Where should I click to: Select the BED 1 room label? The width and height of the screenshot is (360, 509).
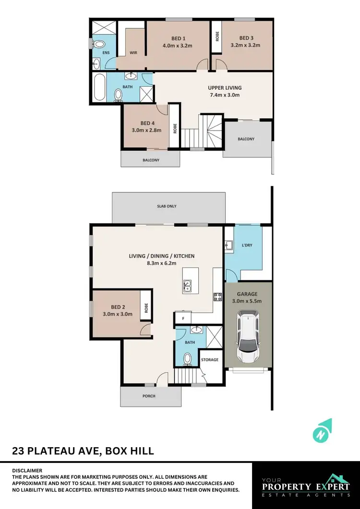(x=178, y=38)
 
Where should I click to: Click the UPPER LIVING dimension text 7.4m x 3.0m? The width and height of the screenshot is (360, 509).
(x=224, y=95)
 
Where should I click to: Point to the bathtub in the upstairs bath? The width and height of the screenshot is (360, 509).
(x=99, y=87)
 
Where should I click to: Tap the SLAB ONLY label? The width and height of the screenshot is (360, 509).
(x=167, y=206)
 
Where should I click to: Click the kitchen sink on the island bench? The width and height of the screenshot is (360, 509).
(x=187, y=286)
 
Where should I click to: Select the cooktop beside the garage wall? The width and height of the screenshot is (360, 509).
(x=217, y=296)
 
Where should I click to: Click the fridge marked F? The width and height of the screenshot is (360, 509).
(x=183, y=318)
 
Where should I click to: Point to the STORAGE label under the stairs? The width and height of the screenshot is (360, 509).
(x=210, y=359)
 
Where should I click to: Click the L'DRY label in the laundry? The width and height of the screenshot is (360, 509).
(x=247, y=245)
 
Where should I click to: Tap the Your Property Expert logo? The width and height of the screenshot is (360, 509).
(x=306, y=485)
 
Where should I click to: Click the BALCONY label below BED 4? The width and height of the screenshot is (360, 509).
(x=151, y=160)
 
